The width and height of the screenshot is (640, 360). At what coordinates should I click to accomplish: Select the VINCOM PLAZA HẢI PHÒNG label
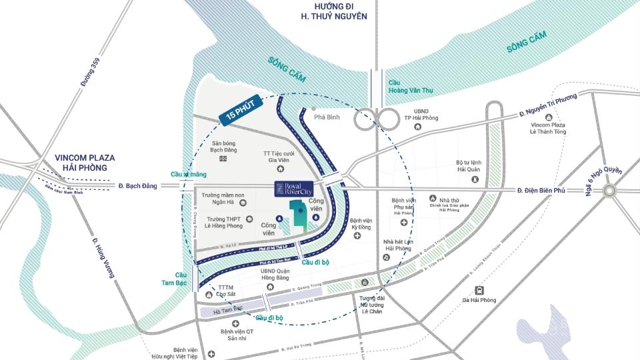tap(85, 163)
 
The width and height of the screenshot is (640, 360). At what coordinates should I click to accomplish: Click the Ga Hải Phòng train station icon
tap(479, 290)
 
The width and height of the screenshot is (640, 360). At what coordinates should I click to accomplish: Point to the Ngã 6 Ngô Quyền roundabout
tap(610, 191)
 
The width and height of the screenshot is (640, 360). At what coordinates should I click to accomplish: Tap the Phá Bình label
tap(328, 117)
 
